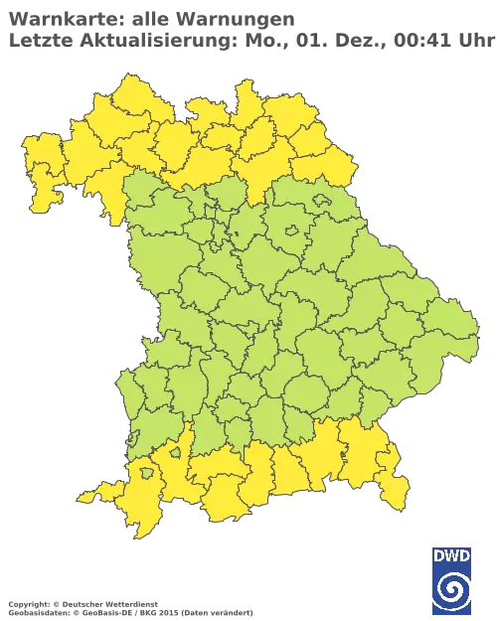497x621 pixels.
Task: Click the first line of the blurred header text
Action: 149,18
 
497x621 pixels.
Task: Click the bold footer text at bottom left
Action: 80,603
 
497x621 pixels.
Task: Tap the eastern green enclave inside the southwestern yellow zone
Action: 175,453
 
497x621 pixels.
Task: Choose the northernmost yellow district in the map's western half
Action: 124,94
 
